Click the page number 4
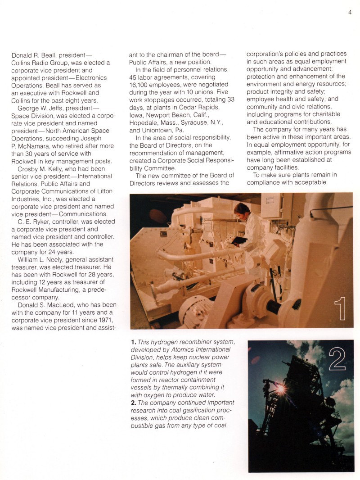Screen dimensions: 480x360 tap(349, 12)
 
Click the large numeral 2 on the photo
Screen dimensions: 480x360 tap(337, 359)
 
